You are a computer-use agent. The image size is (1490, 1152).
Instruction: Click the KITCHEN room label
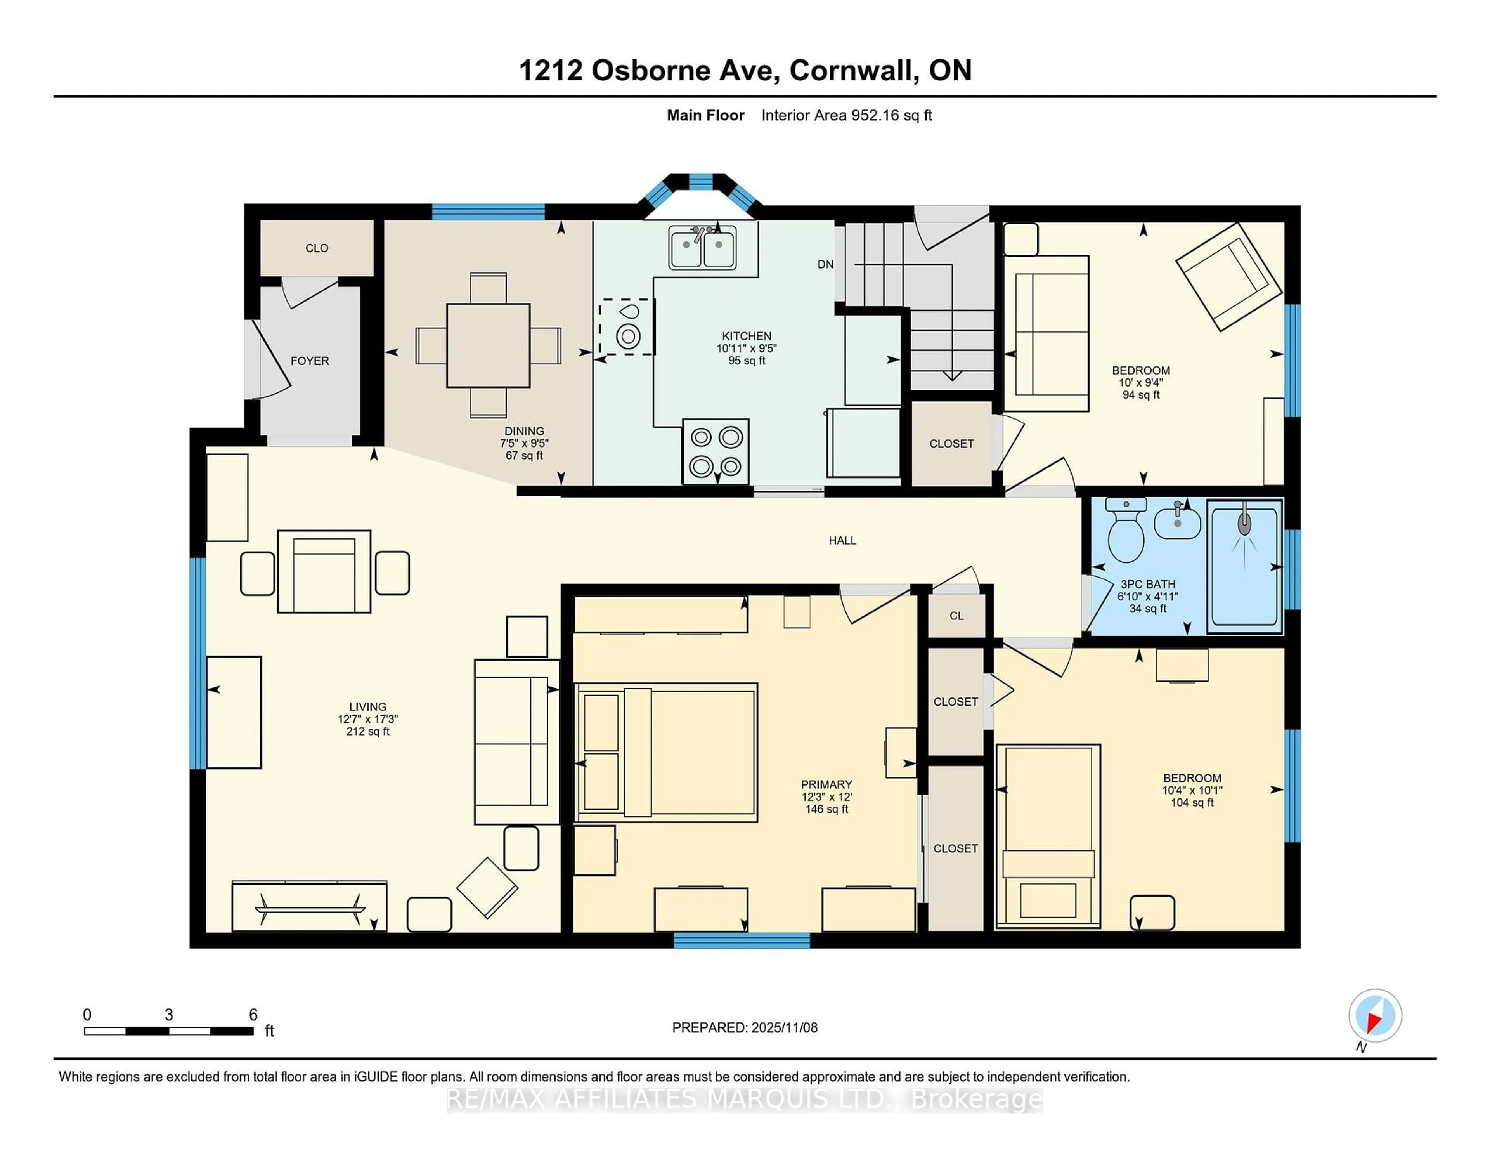point(747,336)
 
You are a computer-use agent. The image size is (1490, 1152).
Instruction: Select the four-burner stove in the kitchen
point(716,451)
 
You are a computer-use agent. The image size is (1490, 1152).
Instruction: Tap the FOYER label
point(310,361)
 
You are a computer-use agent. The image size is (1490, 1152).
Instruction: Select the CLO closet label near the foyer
point(317,248)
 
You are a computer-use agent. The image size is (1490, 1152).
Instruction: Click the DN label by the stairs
point(825,264)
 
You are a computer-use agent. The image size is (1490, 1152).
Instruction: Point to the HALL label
point(842,541)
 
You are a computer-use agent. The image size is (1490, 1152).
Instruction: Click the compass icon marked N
point(1375,1015)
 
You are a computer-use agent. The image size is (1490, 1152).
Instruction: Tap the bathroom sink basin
point(1178,524)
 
